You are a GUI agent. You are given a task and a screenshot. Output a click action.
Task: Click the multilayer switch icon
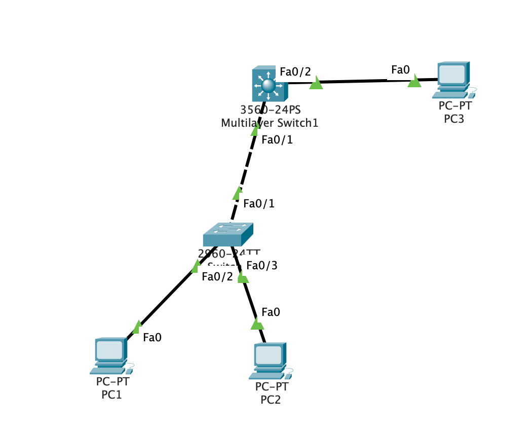pyautogui.click(x=269, y=85)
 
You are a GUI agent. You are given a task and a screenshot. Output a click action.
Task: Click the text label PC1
pyautogui.click(x=111, y=394)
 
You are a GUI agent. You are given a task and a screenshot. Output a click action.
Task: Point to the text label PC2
pyautogui.click(x=271, y=400)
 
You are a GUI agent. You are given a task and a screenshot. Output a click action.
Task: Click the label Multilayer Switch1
pyautogui.click(x=270, y=122)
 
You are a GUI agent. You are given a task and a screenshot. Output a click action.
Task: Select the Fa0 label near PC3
pyautogui.click(x=400, y=70)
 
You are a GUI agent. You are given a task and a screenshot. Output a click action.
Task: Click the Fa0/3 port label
pyautogui.click(x=261, y=265)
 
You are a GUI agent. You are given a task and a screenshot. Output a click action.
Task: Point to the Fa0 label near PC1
pyautogui.click(x=152, y=337)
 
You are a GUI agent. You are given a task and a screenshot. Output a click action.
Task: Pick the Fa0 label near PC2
pyautogui.click(x=271, y=312)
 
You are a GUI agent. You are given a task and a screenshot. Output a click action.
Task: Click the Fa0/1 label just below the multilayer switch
pyautogui.click(x=277, y=140)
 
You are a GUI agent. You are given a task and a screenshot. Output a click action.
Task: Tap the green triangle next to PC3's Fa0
pyautogui.click(x=414, y=81)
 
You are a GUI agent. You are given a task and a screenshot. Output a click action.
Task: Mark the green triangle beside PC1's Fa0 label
pyautogui.click(x=137, y=327)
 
